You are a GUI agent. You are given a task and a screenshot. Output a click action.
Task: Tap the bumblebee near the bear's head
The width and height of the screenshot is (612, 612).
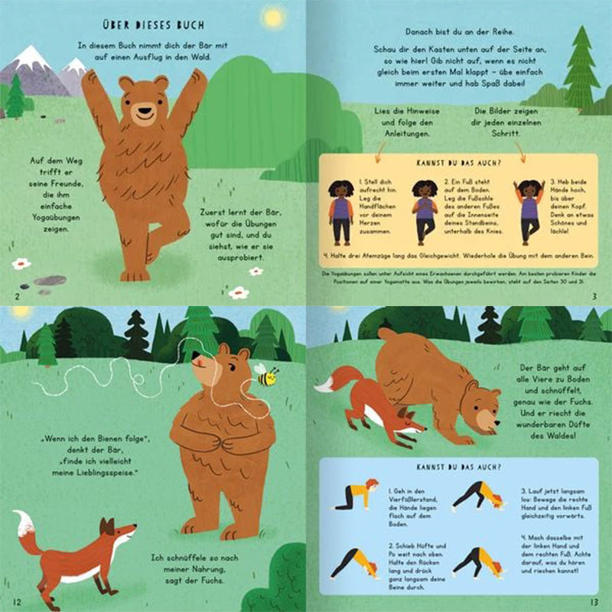pos(265,376)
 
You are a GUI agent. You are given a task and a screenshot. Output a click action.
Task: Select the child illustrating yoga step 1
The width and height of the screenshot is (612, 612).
pos(340,211)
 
